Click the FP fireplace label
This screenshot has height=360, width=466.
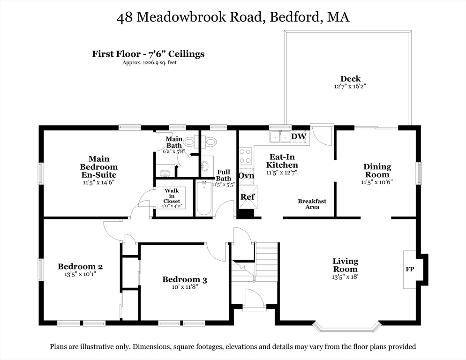409,270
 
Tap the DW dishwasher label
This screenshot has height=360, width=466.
298,136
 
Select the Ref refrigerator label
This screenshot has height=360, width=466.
247,197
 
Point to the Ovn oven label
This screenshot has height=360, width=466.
246,175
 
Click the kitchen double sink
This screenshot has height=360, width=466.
280,136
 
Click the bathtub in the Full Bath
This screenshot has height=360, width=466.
204,198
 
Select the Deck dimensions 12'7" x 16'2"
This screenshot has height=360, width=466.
350,86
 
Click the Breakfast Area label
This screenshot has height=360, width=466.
312,204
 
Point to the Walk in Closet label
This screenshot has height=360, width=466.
172,196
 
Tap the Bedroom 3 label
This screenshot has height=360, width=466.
185,280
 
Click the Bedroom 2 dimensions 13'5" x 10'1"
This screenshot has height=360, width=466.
80,274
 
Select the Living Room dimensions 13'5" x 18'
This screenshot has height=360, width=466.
346,277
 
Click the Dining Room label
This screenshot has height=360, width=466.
377,171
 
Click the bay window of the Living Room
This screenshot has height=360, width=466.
346,327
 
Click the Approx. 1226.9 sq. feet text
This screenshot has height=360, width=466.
149,62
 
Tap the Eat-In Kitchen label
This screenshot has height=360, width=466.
282,161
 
